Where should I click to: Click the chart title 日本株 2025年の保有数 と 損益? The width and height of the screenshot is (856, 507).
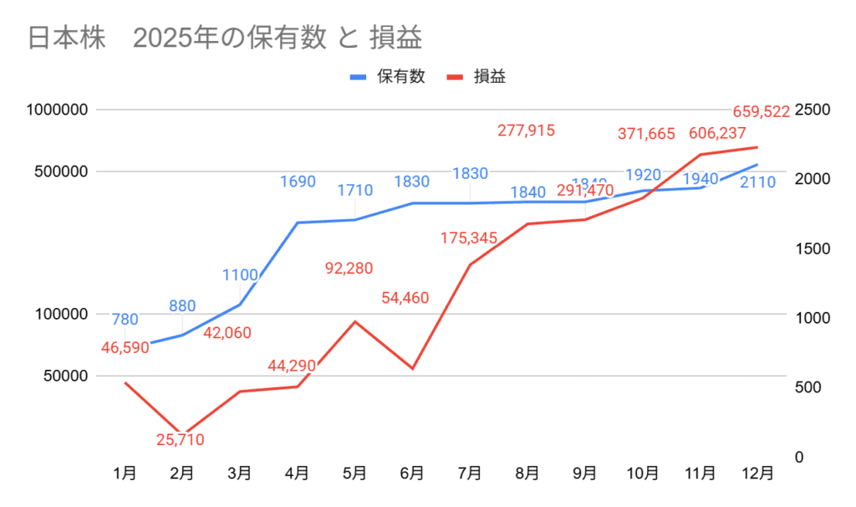(224, 38)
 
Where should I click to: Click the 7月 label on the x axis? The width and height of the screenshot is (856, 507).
(470, 474)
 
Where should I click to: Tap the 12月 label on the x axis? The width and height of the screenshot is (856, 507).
(757, 474)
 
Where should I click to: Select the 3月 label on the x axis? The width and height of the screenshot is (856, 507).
(240, 474)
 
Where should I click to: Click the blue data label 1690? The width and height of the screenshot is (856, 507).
(298, 182)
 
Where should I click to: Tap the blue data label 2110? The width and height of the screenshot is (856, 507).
(758, 182)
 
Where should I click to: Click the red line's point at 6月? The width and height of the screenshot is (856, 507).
(412, 369)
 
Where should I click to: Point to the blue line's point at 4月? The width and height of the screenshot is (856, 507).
(298, 223)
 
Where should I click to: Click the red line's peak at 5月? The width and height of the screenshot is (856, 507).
(354, 321)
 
